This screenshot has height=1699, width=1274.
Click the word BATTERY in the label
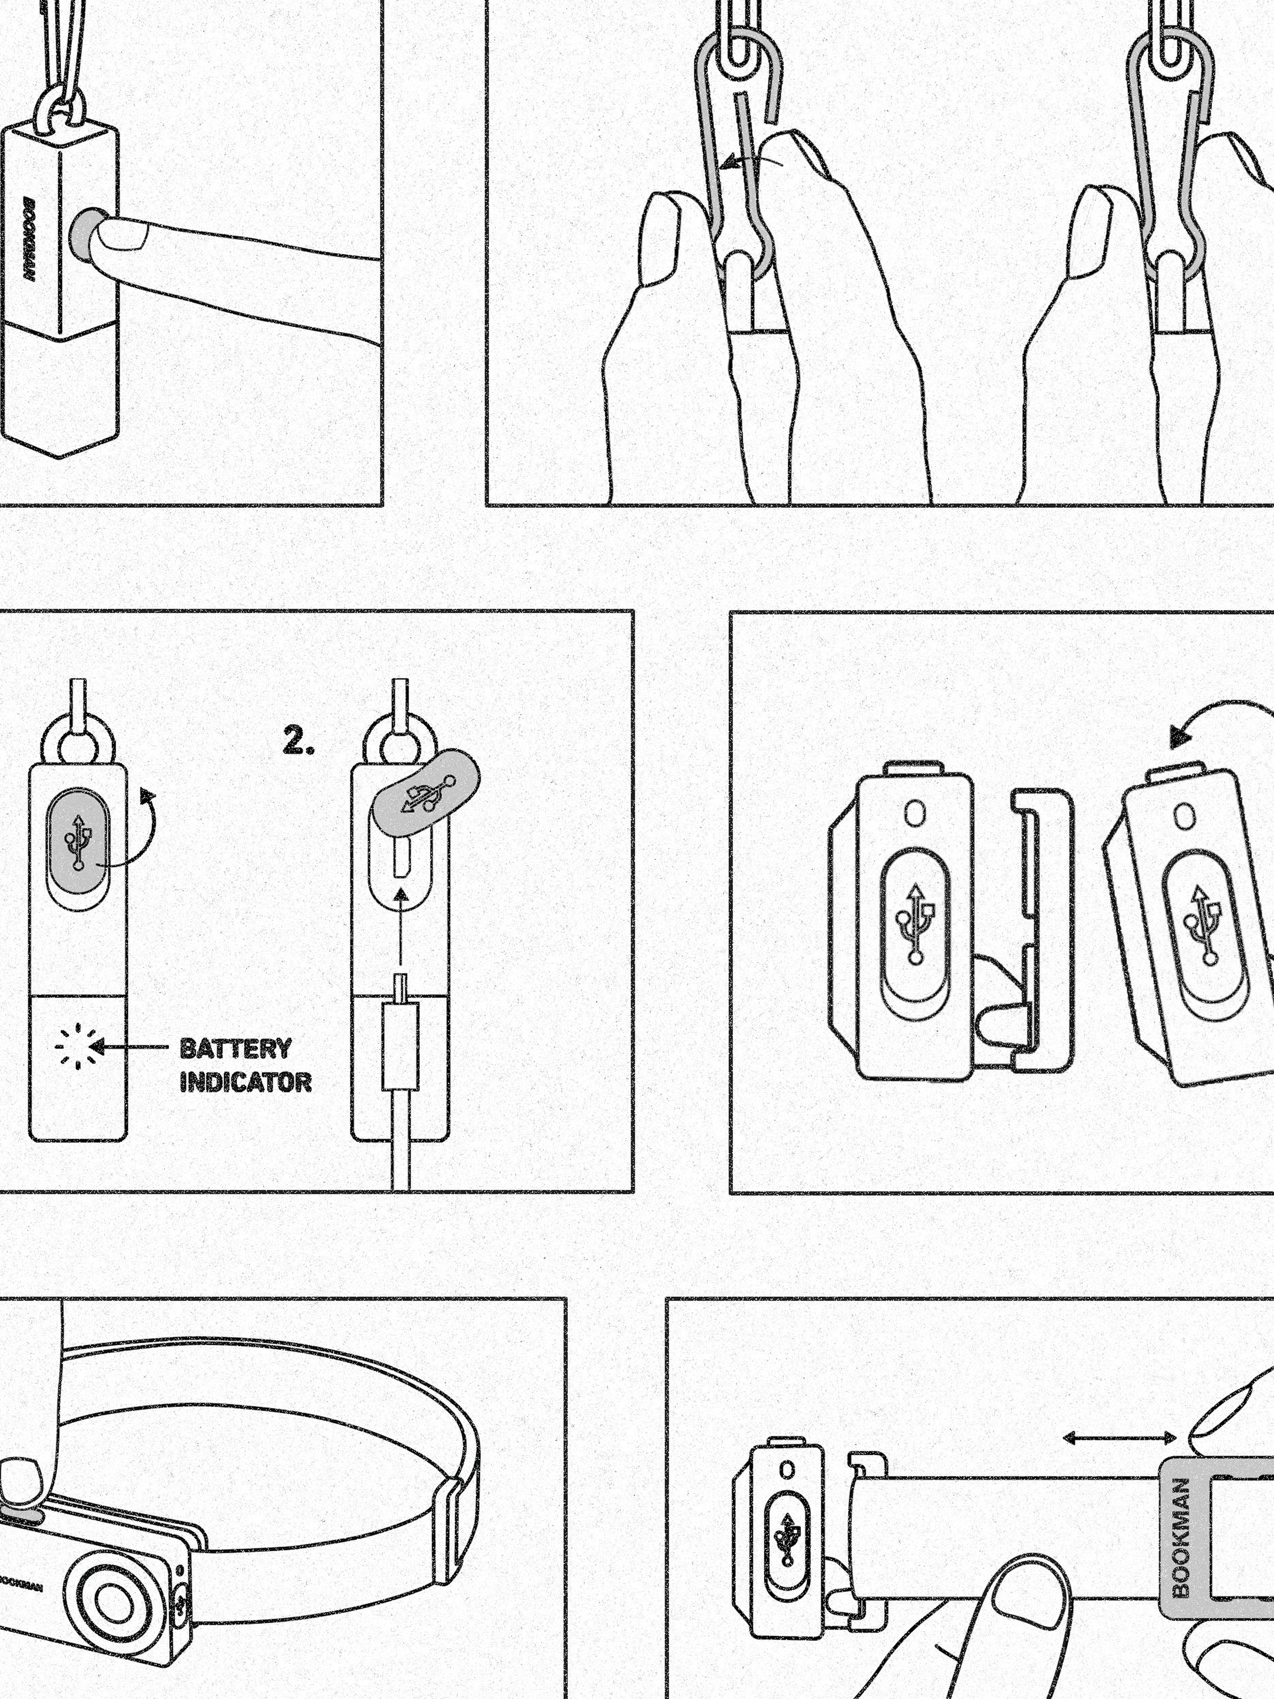coord(236,1049)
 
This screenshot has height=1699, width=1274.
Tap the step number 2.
coord(299,741)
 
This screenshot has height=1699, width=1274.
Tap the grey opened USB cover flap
coord(426,792)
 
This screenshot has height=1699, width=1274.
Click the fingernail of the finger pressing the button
coord(121,237)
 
